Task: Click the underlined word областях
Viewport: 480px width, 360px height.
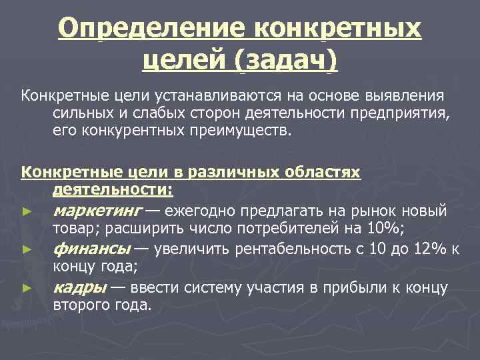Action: (x=321, y=173)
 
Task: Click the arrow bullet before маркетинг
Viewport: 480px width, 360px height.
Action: (x=26, y=213)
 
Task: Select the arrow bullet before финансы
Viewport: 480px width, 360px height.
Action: (x=26, y=251)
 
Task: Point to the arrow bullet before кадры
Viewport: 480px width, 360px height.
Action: (x=26, y=289)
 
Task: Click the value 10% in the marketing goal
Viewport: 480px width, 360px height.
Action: (x=382, y=229)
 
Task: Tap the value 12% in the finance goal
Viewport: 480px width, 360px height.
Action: (x=429, y=250)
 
